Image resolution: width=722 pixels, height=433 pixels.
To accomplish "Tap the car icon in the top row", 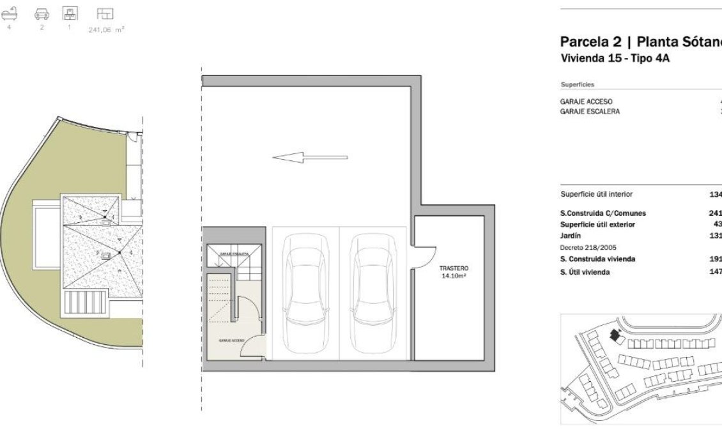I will click(42, 13).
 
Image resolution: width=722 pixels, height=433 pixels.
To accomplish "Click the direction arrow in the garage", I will click(310, 157).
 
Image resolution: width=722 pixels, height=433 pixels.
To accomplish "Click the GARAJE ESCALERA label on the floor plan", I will click(234, 254).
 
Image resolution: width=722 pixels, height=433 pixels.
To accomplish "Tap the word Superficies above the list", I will click(577, 84).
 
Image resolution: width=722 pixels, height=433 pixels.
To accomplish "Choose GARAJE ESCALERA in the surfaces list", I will click(590, 111).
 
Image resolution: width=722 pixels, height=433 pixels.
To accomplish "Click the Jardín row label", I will click(571, 235).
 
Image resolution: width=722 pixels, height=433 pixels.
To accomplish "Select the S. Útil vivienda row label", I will click(585, 272).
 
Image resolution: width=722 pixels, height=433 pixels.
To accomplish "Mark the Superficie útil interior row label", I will click(596, 195).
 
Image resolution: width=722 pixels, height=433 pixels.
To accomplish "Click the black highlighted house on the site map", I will click(616, 335).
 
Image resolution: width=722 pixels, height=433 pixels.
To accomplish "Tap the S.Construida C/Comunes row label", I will click(594, 213).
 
